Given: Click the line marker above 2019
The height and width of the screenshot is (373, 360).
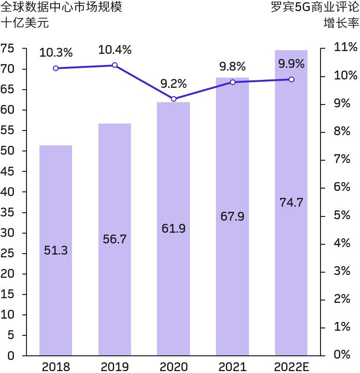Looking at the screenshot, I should pyautogui.click(x=115, y=65).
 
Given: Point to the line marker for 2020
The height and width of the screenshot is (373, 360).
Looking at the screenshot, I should pyautogui.click(x=174, y=99).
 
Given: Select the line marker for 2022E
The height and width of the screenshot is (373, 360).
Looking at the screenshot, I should pyautogui.click(x=291, y=79).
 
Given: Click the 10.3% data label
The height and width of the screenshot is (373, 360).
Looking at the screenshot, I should pyautogui.click(x=56, y=52).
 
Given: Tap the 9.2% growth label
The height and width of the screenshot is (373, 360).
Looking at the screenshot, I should pyautogui.click(x=173, y=84).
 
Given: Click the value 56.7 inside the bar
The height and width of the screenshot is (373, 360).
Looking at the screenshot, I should pyautogui.click(x=114, y=239).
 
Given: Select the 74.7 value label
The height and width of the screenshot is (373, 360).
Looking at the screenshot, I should pyautogui.click(x=291, y=203).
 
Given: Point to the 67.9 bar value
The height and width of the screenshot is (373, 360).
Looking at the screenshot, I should pyautogui.click(x=232, y=216).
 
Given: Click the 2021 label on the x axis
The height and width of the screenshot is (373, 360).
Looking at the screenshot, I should pyautogui.click(x=232, y=367).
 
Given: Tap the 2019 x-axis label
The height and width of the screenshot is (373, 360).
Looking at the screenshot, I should pyautogui.click(x=114, y=367).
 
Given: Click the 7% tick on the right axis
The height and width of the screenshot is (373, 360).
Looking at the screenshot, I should pyautogui.click(x=342, y=159).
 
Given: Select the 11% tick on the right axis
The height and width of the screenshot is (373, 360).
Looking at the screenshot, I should pyautogui.click(x=342, y=47).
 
